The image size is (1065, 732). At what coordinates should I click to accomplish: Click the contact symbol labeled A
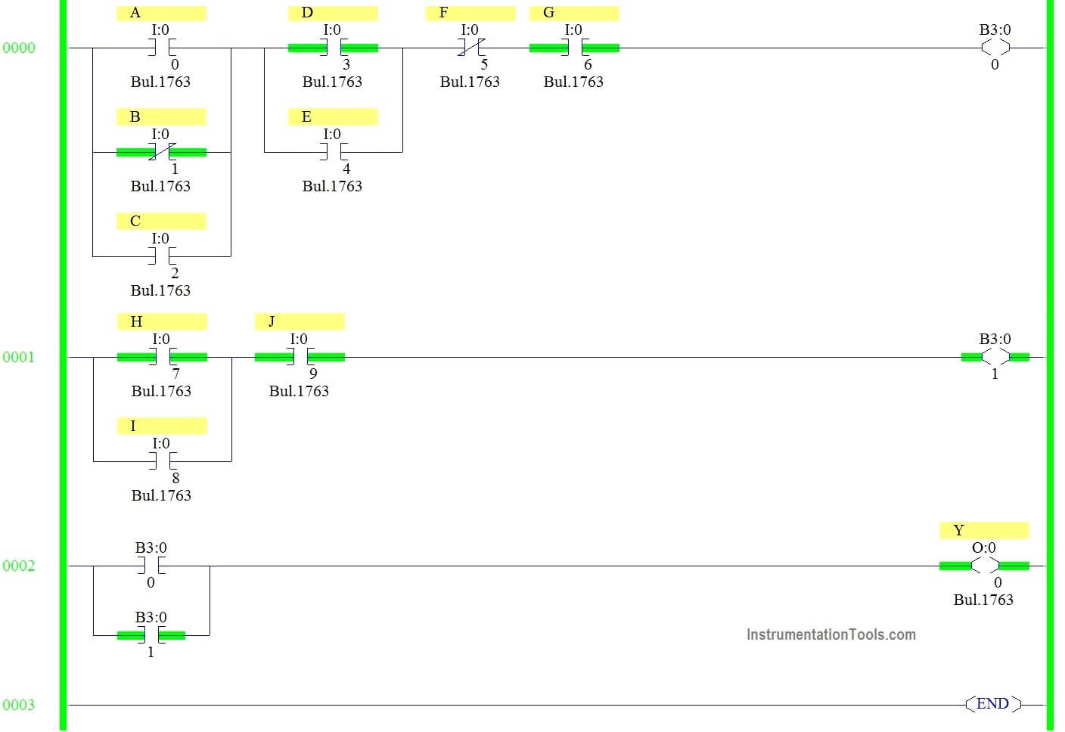click(162, 48)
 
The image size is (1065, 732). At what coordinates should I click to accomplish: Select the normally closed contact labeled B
click(162, 152)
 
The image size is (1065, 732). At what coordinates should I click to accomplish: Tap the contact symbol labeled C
click(162, 256)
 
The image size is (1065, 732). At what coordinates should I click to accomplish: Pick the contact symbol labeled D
click(334, 48)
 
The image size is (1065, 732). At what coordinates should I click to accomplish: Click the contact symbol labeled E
click(334, 152)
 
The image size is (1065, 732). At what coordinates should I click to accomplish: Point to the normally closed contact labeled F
click(470, 48)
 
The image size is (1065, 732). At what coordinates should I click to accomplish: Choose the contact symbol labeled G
click(574, 48)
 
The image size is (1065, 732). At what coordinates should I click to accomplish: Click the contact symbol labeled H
click(163, 357)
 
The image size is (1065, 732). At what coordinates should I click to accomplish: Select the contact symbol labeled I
click(163, 461)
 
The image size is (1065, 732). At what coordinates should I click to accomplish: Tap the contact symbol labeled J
click(300, 357)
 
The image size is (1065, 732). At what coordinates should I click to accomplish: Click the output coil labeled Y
click(985, 566)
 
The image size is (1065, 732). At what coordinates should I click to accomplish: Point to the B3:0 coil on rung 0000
click(995, 48)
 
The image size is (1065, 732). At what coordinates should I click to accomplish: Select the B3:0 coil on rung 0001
click(995, 357)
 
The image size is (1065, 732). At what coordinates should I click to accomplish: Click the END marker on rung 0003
click(993, 704)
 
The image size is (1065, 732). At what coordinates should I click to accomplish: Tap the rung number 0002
click(19, 566)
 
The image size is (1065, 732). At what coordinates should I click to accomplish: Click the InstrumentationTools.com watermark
click(831, 634)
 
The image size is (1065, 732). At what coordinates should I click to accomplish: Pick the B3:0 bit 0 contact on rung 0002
click(151, 566)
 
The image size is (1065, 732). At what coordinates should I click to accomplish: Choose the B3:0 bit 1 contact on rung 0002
click(151, 635)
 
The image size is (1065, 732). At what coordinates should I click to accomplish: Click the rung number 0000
click(19, 48)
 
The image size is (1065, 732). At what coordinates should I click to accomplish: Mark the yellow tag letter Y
click(959, 530)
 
